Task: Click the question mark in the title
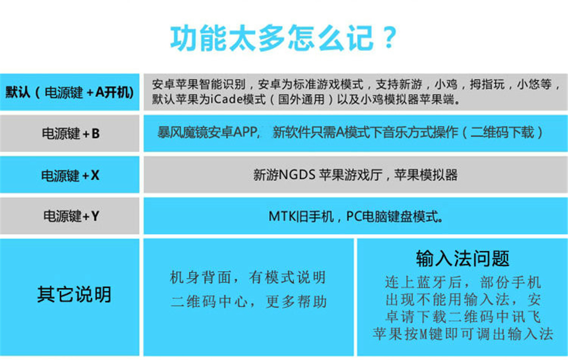pos(389,37)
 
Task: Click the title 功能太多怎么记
pos(272,38)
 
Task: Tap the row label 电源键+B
pos(71,134)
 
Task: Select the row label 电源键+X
pos(70,175)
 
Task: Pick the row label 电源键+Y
pos(71,216)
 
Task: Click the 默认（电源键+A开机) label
pos(69,93)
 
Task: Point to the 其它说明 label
pos(74,294)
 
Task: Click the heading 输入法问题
pos(462,259)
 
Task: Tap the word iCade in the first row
pos(223,99)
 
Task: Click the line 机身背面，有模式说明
pos(248,277)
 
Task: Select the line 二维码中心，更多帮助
pos(249,302)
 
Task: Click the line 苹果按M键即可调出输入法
pos(463,334)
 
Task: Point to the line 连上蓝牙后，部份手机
pos(463,282)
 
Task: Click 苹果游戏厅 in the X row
pos(351,175)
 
